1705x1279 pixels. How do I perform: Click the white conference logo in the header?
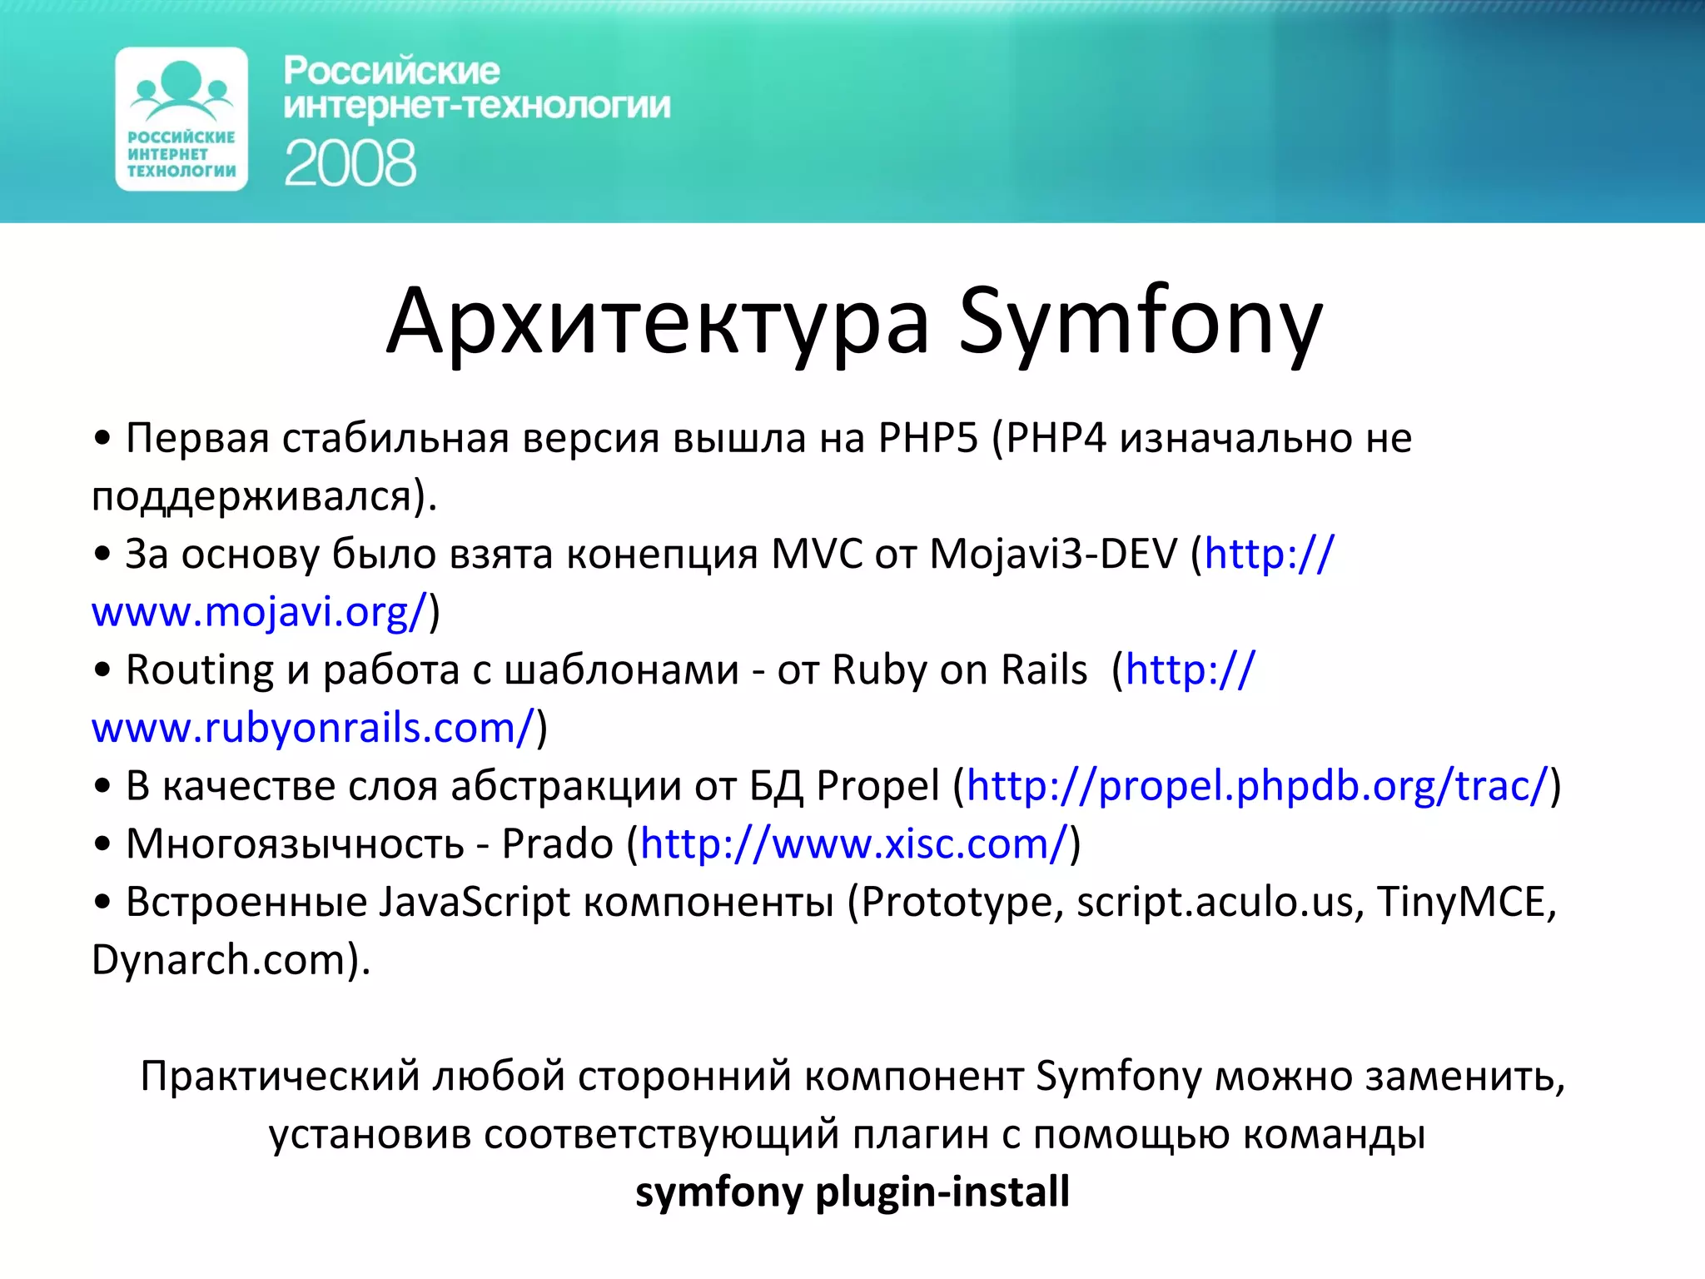pyautogui.click(x=181, y=119)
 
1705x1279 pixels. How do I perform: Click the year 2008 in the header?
pyautogui.click(x=350, y=163)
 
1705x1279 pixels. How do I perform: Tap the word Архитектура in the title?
pyautogui.click(x=657, y=321)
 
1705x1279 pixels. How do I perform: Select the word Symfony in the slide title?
pyautogui.click(x=1140, y=321)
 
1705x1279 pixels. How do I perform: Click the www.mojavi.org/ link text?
pyautogui.click(x=259, y=612)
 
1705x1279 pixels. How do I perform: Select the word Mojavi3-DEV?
pyautogui.click(x=1053, y=555)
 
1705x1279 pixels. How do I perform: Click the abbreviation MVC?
pyautogui.click(x=817, y=555)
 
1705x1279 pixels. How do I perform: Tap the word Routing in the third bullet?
pyautogui.click(x=200, y=670)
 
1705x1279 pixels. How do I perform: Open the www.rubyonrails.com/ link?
pyautogui.click(x=312, y=728)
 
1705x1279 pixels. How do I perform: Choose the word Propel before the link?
pyautogui.click(x=877, y=786)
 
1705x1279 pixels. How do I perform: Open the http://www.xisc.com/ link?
pyautogui.click(x=853, y=844)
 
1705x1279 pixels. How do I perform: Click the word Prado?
pyautogui.click(x=557, y=844)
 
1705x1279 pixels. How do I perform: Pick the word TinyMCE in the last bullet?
pyautogui.click(x=1465, y=902)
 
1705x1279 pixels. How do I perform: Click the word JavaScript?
pyautogui.click(x=475, y=902)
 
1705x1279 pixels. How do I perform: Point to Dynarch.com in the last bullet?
pyautogui.click(x=218, y=960)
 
